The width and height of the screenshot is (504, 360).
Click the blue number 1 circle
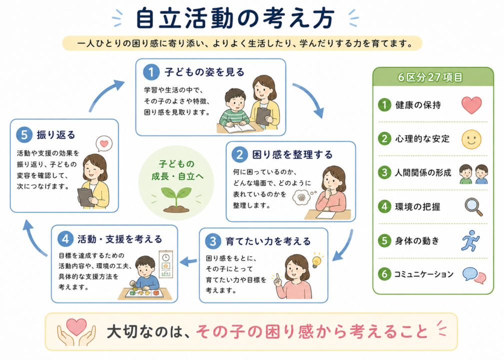151,72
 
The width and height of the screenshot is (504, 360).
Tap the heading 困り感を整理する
292,154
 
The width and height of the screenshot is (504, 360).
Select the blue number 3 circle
213,241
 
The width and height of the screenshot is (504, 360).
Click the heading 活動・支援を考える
119,239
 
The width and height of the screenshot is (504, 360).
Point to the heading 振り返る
56,134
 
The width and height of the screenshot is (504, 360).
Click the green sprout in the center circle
176,199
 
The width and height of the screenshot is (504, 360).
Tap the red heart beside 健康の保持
471,105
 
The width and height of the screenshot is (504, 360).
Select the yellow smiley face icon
471,139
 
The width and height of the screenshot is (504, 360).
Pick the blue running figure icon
471,240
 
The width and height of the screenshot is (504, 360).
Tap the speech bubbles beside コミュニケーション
474,275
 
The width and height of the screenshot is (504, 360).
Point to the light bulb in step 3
316,260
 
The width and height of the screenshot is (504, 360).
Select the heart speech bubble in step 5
104,143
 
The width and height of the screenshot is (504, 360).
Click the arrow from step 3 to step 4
188,261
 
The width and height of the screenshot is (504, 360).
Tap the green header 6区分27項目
433,77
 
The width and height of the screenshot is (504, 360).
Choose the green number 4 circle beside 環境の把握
384,206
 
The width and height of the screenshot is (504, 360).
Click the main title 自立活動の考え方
235,18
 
